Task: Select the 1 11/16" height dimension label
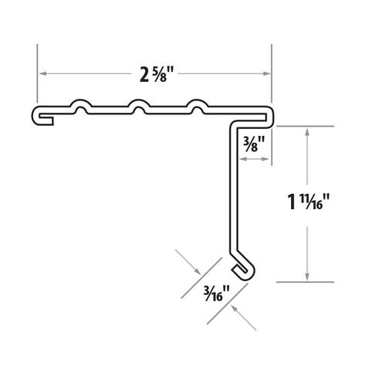coord(309,203)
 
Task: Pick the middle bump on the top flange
coord(138,104)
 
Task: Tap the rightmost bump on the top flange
coord(198,104)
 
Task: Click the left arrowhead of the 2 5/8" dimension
coord(43,73)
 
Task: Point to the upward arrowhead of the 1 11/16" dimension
coord(308,131)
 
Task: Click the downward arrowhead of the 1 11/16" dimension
coord(308,276)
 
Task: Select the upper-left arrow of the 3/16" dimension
coord(196,271)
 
